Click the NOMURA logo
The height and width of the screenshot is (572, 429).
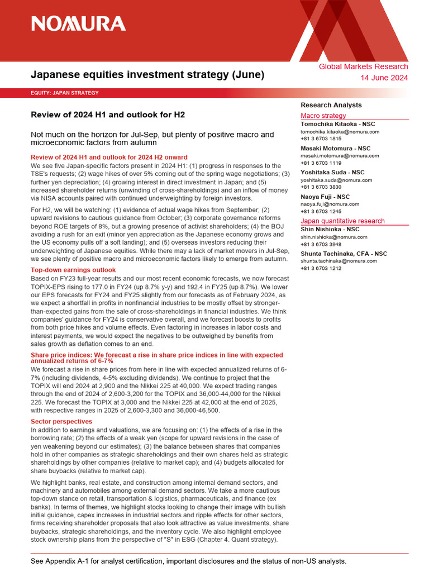pyautogui.click(x=78, y=23)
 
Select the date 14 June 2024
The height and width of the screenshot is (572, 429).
pyautogui.click(x=385, y=78)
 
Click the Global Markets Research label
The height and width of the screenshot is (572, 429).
pyautogui.click(x=363, y=66)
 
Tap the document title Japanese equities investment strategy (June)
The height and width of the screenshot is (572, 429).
pyautogui.click(x=147, y=74)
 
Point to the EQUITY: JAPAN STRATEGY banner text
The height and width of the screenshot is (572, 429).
pyautogui.click(x=65, y=93)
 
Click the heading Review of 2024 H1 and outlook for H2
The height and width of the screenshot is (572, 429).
pyautogui.click(x=107, y=115)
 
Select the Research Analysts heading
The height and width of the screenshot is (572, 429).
pyautogui.click(x=331, y=105)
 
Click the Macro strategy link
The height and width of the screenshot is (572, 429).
pyautogui.click(x=323, y=116)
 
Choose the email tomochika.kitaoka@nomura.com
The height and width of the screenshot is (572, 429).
pyautogui.click(x=340, y=132)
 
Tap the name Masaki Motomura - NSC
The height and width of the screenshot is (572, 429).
pyautogui.click(x=335, y=149)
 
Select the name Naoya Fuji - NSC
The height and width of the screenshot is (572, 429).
pyautogui.click(x=325, y=197)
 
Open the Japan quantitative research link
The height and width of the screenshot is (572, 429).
pyautogui.click(x=342, y=221)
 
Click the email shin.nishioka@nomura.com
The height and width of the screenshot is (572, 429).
pyautogui.click(x=334, y=237)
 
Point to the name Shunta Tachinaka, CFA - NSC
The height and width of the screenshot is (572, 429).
pyautogui.click(x=344, y=254)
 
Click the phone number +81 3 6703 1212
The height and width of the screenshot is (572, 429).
pyautogui.click(x=322, y=269)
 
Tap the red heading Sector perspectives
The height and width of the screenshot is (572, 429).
pyautogui.click(x=61, y=421)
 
